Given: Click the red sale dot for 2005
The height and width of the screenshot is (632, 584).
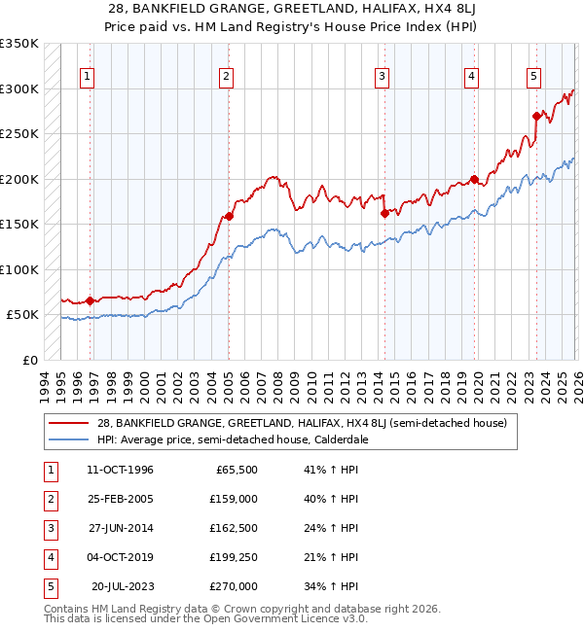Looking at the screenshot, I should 229,216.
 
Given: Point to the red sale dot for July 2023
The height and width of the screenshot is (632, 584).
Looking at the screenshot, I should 536,116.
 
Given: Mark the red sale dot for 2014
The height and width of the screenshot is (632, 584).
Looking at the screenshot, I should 384,213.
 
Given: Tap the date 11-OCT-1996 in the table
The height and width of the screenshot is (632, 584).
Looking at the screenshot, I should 120,471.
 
